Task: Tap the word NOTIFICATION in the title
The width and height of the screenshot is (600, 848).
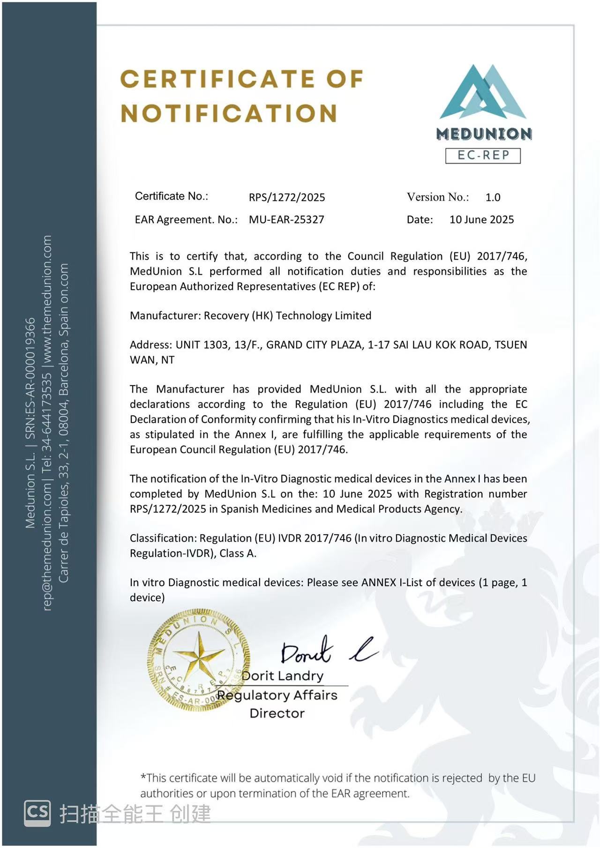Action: [229, 113]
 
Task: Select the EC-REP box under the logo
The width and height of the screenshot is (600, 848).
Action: [483, 155]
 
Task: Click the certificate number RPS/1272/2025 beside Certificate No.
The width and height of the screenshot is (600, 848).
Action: [287, 197]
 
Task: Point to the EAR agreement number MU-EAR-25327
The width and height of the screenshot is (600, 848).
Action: [286, 220]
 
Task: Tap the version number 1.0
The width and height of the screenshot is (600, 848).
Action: [493, 197]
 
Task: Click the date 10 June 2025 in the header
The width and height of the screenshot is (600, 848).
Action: [481, 220]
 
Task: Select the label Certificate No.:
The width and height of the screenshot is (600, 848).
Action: [172, 196]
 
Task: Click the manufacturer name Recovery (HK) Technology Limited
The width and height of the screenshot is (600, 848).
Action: [287, 316]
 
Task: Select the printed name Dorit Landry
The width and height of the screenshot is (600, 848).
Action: [283, 676]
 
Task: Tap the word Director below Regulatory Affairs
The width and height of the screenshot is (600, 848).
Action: [277, 714]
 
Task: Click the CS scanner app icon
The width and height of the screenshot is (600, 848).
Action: [37, 813]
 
